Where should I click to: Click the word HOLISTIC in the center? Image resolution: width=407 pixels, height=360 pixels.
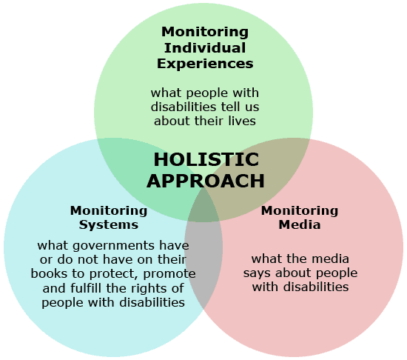coord(206,159)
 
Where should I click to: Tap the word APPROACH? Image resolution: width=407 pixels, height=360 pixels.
coord(206,181)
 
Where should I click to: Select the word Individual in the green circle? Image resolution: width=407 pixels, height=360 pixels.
coord(205,48)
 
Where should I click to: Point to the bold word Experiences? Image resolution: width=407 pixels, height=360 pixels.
coord(205,64)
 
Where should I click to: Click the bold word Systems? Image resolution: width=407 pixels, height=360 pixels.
coord(109,225)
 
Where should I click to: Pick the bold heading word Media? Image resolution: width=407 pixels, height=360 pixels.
coord(300,224)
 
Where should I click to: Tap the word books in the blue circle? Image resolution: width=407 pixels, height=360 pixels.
coord(46,273)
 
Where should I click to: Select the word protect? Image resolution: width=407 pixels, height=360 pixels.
coord(113,274)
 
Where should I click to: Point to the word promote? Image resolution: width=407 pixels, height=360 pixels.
coord(169,274)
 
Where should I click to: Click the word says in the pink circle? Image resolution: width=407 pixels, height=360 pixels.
coord(258,273)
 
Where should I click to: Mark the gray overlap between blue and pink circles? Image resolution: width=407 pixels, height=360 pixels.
coord(203,262)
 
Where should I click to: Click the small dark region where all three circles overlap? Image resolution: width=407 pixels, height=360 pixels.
coord(203,208)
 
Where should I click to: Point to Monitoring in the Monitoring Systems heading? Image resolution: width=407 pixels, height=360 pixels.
coord(109,210)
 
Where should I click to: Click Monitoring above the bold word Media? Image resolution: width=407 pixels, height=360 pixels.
coord(300,210)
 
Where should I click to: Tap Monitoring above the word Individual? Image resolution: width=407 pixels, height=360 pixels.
coord(205,32)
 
